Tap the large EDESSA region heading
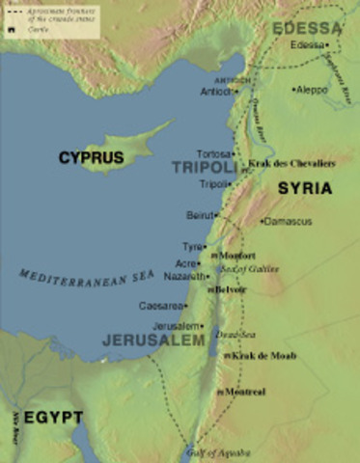307,27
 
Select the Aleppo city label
310,89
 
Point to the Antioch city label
216,92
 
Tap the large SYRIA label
304,189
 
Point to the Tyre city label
194,248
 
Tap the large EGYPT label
53,418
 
